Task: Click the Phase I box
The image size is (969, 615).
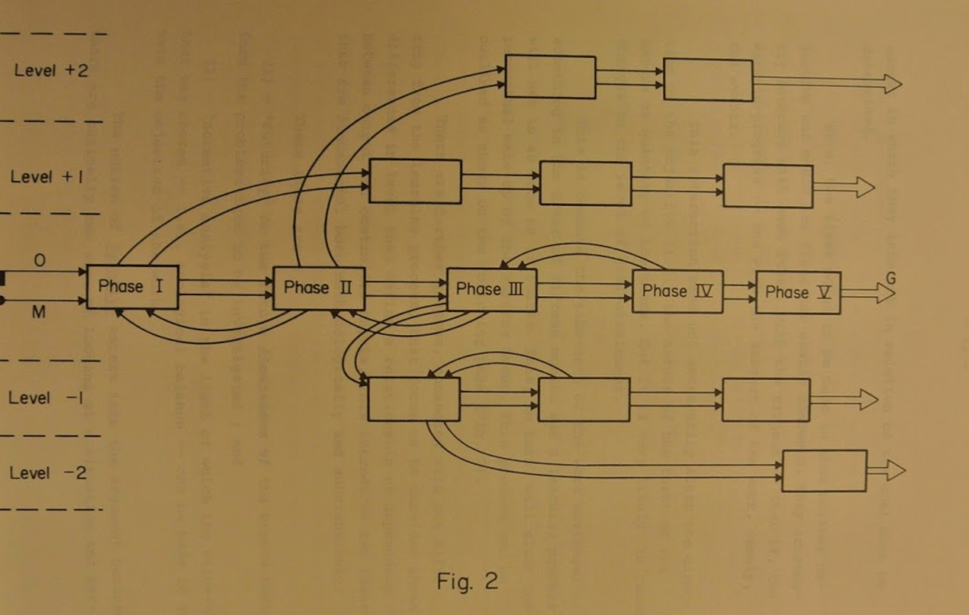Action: click(x=132, y=287)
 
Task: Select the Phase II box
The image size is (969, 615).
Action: click(x=319, y=288)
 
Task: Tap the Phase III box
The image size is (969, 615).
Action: click(x=491, y=290)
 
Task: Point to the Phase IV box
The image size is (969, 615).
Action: click(x=677, y=291)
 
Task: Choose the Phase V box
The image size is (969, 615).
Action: click(x=798, y=293)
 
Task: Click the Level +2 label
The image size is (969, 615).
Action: click(x=51, y=71)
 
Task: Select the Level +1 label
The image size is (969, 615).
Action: click(x=47, y=177)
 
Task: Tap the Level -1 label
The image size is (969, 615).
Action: click(x=46, y=398)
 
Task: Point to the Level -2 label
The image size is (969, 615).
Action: click(x=48, y=473)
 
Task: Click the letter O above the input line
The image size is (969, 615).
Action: click(x=40, y=260)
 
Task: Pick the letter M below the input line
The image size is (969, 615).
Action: click(x=38, y=312)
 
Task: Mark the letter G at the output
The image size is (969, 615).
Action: click(x=890, y=278)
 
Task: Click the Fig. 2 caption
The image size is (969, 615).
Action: click(x=467, y=581)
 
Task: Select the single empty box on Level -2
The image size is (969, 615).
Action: click(x=824, y=471)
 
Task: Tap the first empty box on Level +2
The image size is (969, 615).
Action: click(x=550, y=77)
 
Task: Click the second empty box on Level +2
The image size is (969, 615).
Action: click(x=708, y=80)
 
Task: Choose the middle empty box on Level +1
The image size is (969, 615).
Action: click(x=585, y=183)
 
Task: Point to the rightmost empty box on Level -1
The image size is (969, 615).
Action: click(x=766, y=400)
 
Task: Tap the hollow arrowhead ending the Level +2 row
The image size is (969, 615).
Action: click(x=892, y=83)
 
